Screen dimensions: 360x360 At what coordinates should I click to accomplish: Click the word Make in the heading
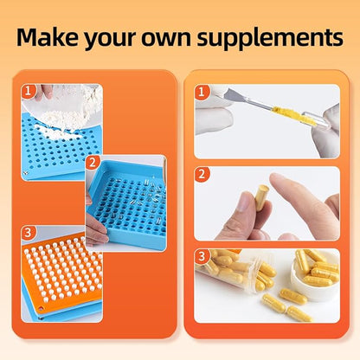pos(47,37)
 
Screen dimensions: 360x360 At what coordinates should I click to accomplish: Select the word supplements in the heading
pos(270,38)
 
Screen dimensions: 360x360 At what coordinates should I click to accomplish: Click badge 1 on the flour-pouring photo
pos(28,91)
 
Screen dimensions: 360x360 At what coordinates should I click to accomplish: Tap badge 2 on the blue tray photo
pos(93,163)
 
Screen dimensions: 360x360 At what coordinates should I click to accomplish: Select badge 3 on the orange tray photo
pos(28,233)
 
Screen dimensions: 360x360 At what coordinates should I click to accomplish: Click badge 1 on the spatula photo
pos(202,93)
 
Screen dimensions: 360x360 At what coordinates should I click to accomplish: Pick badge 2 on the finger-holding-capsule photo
pos(202,174)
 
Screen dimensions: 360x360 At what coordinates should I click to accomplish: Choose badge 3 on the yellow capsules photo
pos(202,256)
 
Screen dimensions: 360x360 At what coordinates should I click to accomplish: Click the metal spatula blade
pos(233,95)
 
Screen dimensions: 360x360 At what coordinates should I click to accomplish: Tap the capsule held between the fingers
pos(261,197)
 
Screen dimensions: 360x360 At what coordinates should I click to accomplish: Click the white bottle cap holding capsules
pos(314,277)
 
